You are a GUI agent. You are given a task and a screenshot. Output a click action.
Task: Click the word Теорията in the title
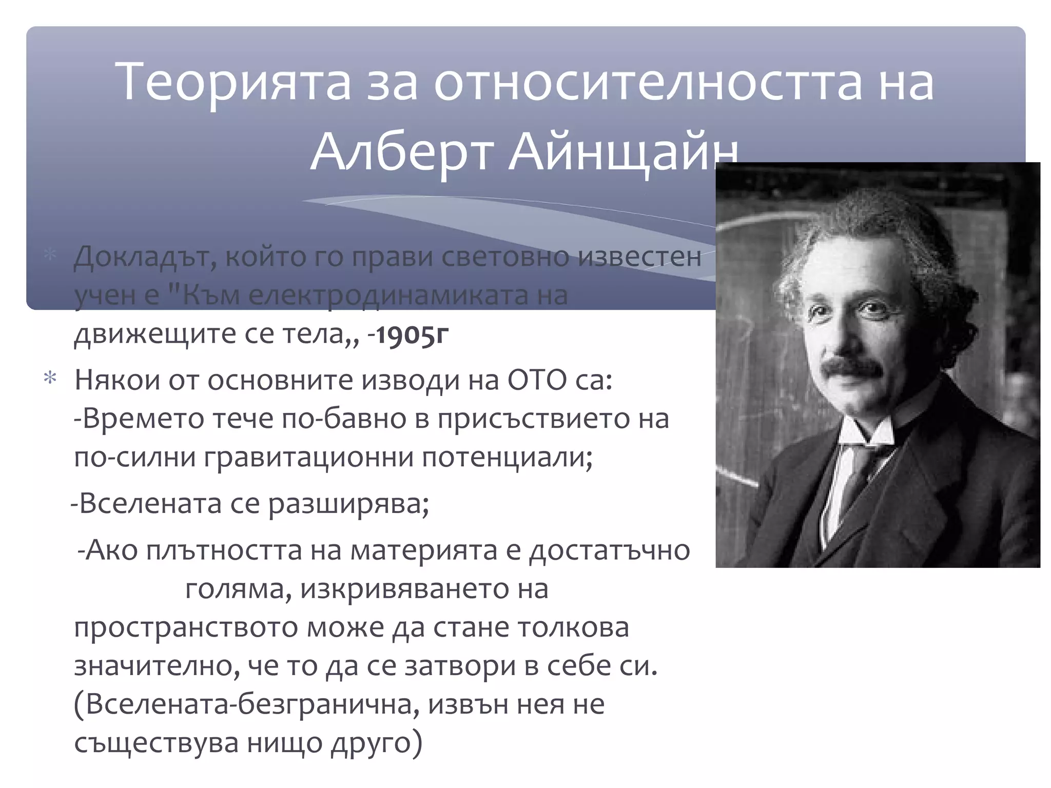click(234, 82)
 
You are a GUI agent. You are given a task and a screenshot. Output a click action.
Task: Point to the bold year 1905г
click(413, 334)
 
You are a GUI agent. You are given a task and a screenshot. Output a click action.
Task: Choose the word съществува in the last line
click(157, 743)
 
